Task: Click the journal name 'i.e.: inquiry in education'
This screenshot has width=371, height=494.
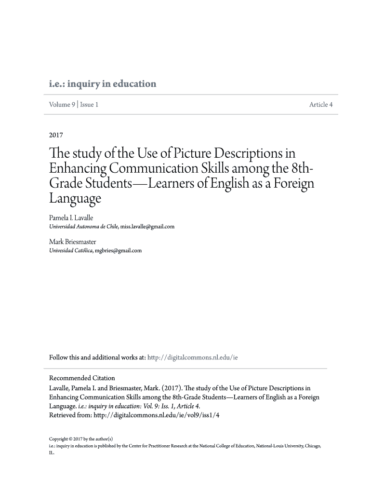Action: pos(103,84)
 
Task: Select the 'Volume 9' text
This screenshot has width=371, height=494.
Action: pos(62,105)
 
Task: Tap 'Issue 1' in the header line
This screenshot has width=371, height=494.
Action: pos(89,105)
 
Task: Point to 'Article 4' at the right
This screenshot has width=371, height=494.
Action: pos(321,105)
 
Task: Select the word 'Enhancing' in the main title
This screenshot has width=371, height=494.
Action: pos(78,170)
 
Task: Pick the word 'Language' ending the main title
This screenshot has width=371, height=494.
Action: pos(75,199)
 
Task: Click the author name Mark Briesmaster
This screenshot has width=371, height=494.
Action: pos(73,241)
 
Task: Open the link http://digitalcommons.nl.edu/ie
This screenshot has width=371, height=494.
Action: pos(193,357)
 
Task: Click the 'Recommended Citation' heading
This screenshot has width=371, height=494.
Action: pos(82,378)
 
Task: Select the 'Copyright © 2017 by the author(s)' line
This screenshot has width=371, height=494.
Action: pos(81,439)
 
